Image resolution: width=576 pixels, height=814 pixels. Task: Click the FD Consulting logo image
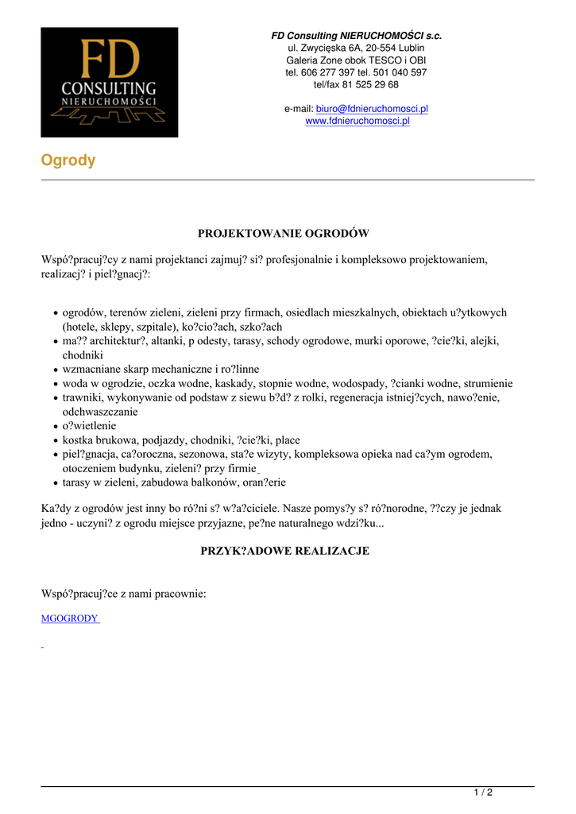[110, 82]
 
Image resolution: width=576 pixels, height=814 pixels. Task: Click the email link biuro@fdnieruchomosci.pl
[372, 109]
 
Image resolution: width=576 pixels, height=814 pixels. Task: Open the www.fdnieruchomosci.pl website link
[358, 121]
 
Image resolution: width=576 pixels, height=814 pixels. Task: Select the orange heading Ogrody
[68, 161]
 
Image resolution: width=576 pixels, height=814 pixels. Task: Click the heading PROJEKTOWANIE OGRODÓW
[284, 234]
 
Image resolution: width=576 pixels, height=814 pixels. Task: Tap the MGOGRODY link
[69, 618]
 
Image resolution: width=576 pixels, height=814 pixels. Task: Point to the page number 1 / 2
[483, 792]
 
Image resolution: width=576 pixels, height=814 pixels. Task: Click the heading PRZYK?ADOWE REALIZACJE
[284, 551]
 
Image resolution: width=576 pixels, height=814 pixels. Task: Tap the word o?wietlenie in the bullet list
[89, 426]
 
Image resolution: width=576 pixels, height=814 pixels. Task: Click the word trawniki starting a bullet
[83, 397]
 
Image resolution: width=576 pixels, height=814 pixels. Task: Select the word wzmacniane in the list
[91, 370]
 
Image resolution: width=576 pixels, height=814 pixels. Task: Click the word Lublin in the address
[410, 48]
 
